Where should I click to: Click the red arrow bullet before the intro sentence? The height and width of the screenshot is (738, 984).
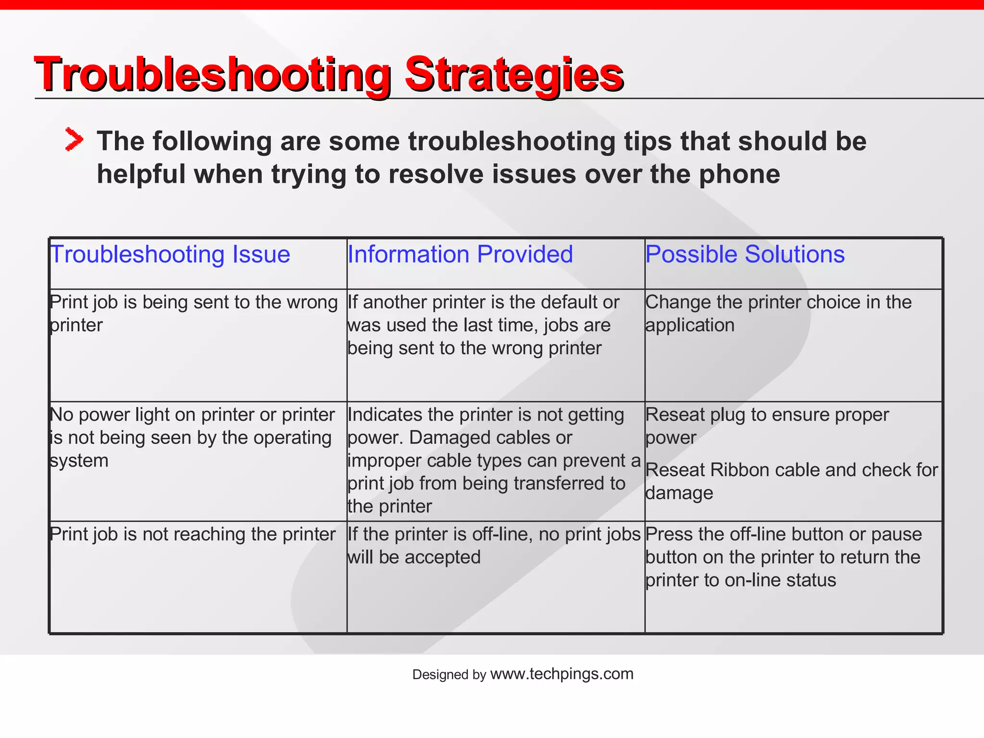click(x=74, y=140)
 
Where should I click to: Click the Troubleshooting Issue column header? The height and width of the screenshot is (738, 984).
click(x=170, y=254)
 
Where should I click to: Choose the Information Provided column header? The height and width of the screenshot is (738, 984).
click(x=460, y=254)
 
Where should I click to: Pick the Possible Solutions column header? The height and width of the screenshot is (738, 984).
click(x=745, y=254)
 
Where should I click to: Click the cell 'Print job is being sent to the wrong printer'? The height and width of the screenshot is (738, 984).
click(x=194, y=313)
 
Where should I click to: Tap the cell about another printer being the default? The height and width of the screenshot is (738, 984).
click(x=483, y=325)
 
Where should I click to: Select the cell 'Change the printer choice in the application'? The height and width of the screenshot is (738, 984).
click(x=778, y=313)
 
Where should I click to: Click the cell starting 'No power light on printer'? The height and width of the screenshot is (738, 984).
click(x=192, y=437)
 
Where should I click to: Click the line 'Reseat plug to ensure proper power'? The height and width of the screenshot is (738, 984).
click(x=767, y=426)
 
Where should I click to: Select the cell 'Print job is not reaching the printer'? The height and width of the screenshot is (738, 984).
click(x=193, y=534)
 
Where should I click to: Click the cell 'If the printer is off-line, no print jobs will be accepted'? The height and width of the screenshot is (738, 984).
click(x=494, y=545)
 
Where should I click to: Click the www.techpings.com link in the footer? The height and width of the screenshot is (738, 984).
click(x=562, y=674)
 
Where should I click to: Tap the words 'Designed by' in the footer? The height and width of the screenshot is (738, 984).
click(x=449, y=675)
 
